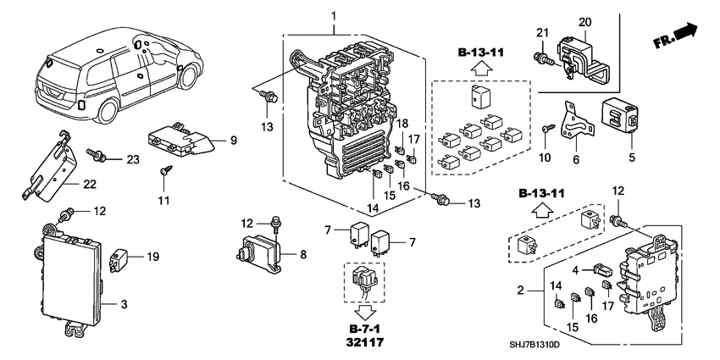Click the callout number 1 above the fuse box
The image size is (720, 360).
(334, 16)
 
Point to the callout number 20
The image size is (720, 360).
(584, 21)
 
